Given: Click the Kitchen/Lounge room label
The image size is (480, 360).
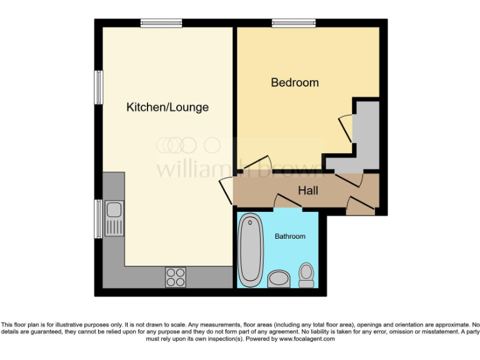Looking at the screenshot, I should pyautogui.click(x=167, y=107).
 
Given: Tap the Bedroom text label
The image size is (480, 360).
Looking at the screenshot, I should pyautogui.click(x=294, y=82).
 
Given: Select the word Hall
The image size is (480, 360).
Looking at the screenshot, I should pyautogui.click(x=307, y=190).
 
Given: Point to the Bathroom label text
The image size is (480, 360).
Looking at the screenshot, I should pyautogui.click(x=290, y=236).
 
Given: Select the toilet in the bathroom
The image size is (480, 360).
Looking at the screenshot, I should pyautogui.click(x=306, y=275).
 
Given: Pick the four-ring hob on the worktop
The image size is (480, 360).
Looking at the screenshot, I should pyautogui.click(x=176, y=276).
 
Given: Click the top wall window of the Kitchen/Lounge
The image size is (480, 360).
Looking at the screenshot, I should pyautogui.click(x=161, y=23).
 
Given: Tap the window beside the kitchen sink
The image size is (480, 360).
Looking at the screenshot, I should pyautogui.click(x=98, y=219).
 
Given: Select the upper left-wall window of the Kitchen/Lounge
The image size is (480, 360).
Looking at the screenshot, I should pyautogui.click(x=98, y=87).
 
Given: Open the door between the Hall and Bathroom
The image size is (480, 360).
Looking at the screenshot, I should pyautogui.click(x=287, y=201).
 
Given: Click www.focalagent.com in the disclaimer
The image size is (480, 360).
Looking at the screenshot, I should pyautogui.click(x=307, y=339).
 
